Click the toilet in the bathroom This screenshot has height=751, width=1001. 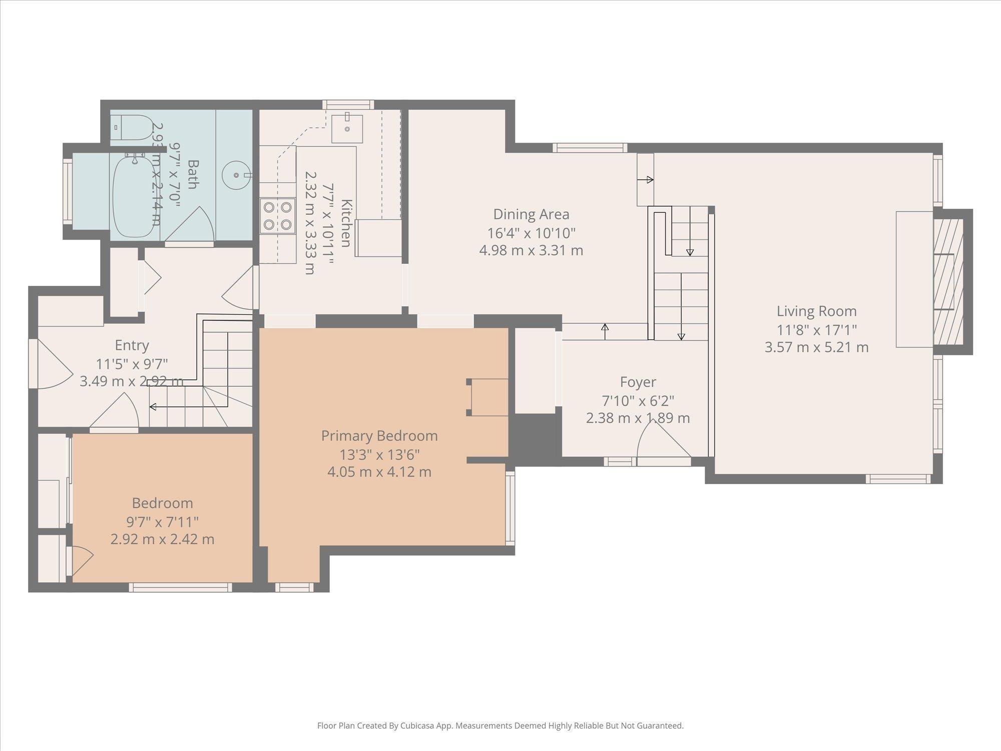[x=132, y=128]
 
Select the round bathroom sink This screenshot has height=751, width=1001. [x=236, y=176]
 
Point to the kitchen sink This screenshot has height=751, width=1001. [x=347, y=128]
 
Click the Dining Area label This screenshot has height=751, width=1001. [x=531, y=214]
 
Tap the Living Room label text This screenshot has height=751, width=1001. [x=816, y=311]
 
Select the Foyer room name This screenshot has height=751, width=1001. [x=638, y=382]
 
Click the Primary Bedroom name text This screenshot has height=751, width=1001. [x=379, y=436]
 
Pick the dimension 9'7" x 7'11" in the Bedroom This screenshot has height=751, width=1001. [x=163, y=522]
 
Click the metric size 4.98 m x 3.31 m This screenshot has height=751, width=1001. [x=531, y=250]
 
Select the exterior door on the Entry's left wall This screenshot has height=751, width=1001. [x=50, y=363]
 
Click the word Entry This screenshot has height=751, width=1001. [x=132, y=345]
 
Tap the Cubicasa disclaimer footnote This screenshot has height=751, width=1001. [x=500, y=725]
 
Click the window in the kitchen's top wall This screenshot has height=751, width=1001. [x=348, y=105]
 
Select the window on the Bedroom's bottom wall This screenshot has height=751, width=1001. [x=180, y=587]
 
